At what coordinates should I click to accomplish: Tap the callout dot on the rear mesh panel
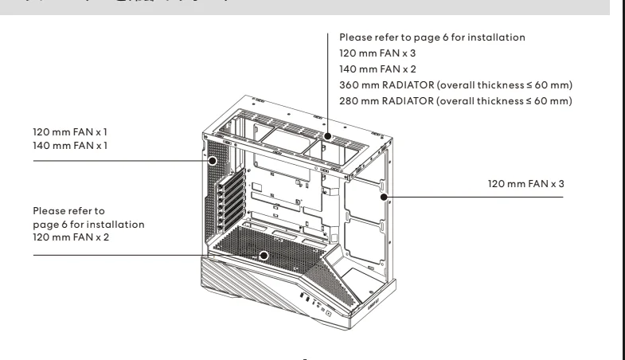point(213,160)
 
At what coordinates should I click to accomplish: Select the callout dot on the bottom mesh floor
point(264,256)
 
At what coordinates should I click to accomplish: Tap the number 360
point(348,85)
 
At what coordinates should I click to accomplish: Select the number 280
point(348,100)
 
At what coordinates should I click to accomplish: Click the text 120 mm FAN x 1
point(67,132)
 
